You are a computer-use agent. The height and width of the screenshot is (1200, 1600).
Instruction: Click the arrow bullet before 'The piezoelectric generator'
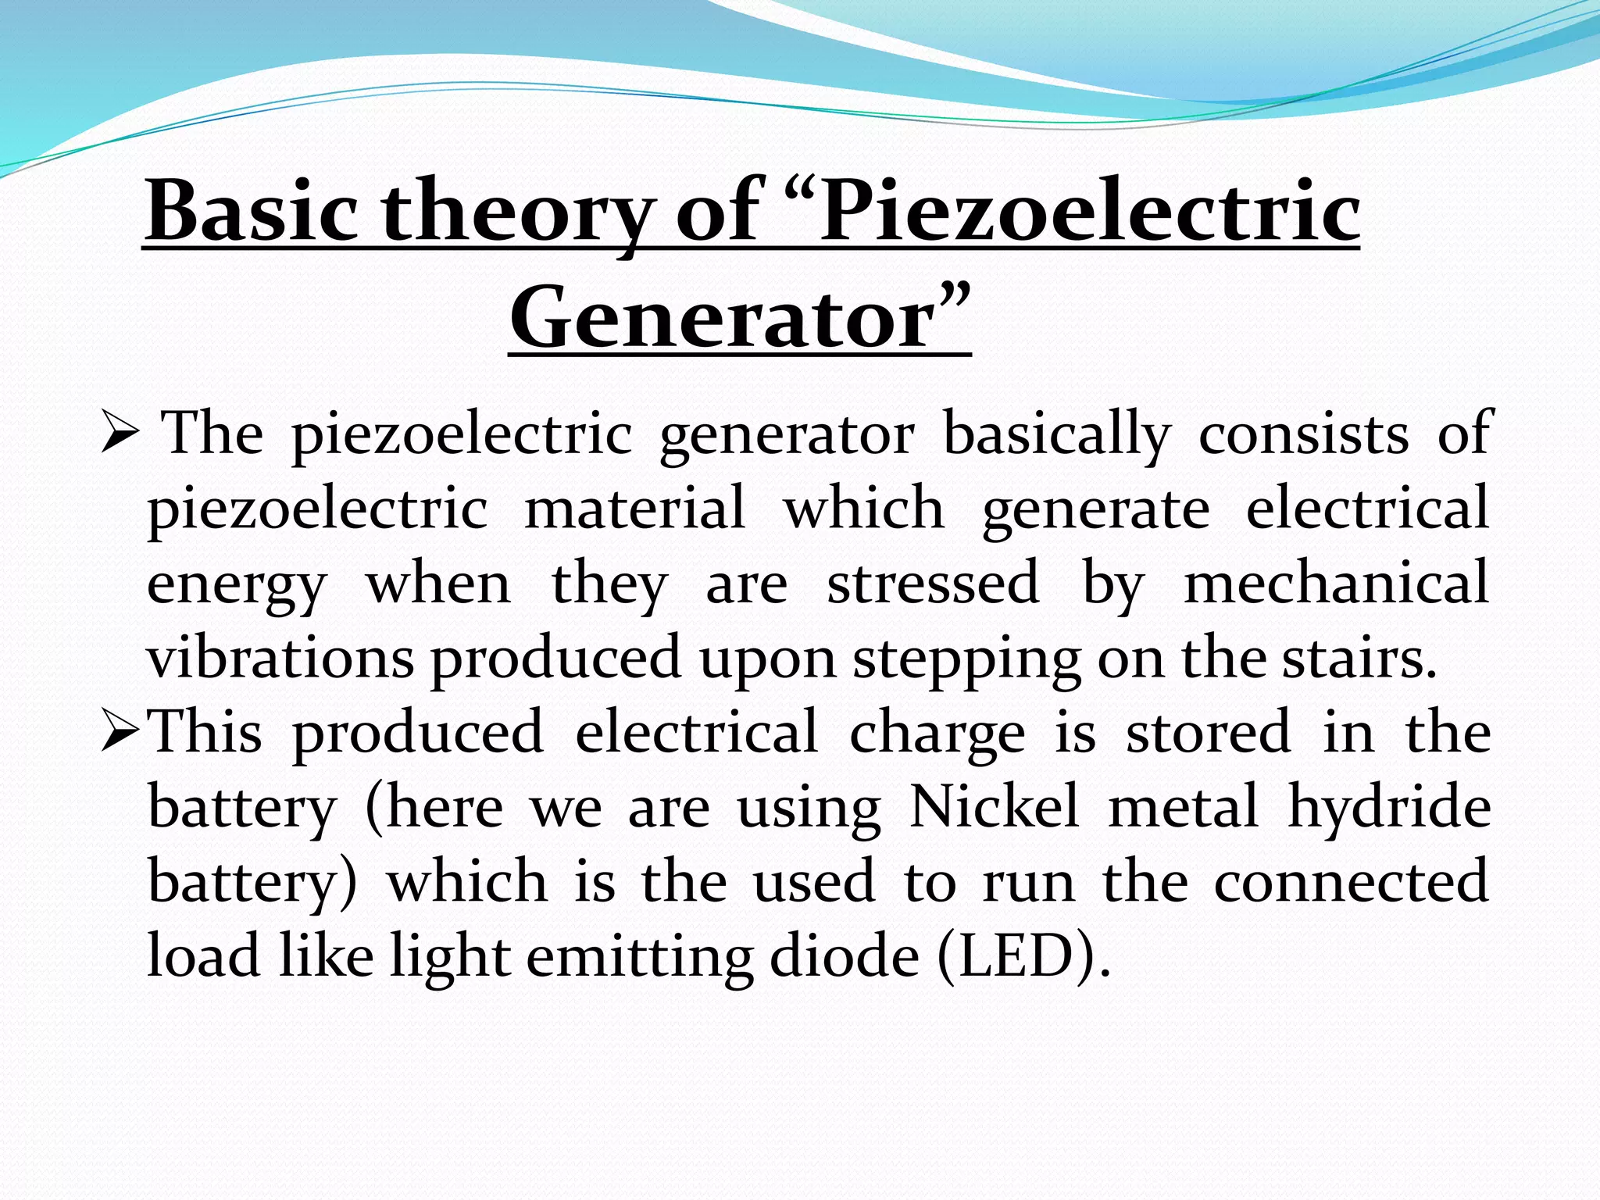[x=120, y=434]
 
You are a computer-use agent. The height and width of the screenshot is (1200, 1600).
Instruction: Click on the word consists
[x=1304, y=434]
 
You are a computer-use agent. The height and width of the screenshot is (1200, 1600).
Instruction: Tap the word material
[x=634, y=509]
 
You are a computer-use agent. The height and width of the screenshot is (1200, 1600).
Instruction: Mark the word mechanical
[x=1336, y=584]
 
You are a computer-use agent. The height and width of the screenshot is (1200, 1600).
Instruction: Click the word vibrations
[x=280, y=659]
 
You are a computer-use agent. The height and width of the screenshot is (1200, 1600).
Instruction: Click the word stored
[x=1209, y=733]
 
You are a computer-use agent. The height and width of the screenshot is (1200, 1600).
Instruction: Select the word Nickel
[x=995, y=807]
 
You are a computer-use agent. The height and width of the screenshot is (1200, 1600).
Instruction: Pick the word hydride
[x=1389, y=808]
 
